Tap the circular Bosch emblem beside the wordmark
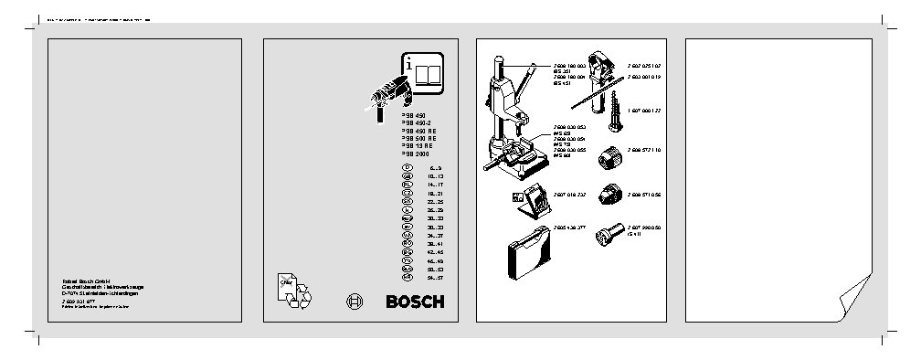(x=356, y=302)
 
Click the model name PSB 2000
(x=416, y=154)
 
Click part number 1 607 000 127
(x=643, y=110)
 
